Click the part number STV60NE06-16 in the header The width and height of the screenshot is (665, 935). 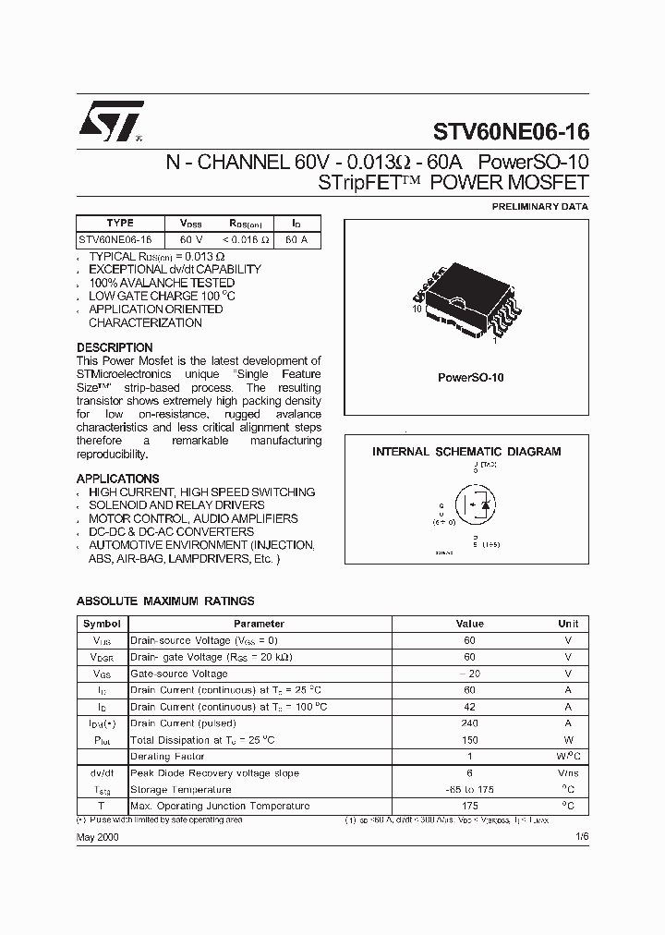[x=511, y=132]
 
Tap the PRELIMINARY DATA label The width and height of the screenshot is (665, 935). [x=540, y=207]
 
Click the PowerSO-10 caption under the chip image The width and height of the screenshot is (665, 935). [x=470, y=378]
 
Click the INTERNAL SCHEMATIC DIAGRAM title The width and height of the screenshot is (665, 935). [x=466, y=452]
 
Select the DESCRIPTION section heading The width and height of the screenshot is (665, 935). [x=115, y=348]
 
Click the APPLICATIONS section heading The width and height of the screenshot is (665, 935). [x=117, y=479]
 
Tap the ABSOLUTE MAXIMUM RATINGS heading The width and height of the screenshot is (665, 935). [x=164, y=601]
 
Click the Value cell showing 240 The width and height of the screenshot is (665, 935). [x=469, y=723]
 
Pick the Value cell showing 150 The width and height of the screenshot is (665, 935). [x=469, y=740]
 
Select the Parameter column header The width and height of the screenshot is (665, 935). [x=259, y=624]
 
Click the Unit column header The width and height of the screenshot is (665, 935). [x=568, y=624]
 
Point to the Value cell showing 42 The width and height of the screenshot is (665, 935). [x=469, y=707]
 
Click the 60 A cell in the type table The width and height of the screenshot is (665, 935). [x=296, y=239]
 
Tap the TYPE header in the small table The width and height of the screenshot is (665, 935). [x=120, y=223]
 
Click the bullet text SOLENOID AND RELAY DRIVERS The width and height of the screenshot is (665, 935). [x=176, y=505]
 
